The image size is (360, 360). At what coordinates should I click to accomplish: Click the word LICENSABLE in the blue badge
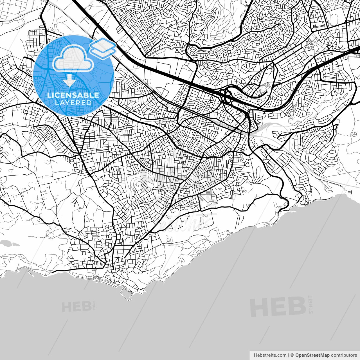[x=73, y=95]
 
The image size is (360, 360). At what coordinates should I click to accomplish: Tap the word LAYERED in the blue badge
[x=73, y=103]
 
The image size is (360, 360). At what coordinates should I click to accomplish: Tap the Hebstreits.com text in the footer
[x=270, y=355]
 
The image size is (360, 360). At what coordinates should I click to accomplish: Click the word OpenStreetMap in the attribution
[x=312, y=355]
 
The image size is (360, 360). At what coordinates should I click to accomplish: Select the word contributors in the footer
[x=344, y=355]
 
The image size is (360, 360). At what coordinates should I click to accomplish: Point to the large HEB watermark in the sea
[x=278, y=307]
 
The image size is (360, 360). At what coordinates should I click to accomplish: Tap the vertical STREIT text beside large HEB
[x=310, y=304]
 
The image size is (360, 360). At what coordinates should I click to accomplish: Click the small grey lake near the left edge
[x=10, y=243]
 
